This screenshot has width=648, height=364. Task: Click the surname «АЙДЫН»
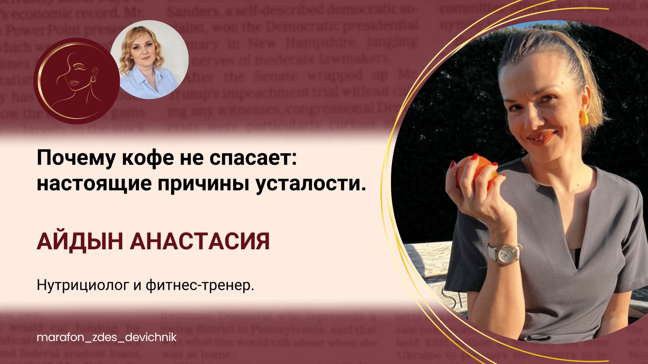click(80, 242)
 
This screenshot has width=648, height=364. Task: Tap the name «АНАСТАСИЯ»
click(200, 242)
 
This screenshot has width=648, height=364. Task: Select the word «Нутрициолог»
click(83, 285)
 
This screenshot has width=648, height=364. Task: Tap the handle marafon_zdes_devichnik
click(106, 337)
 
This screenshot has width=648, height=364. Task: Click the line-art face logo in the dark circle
click(77, 81)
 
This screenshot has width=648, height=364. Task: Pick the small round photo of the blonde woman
click(149, 59)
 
